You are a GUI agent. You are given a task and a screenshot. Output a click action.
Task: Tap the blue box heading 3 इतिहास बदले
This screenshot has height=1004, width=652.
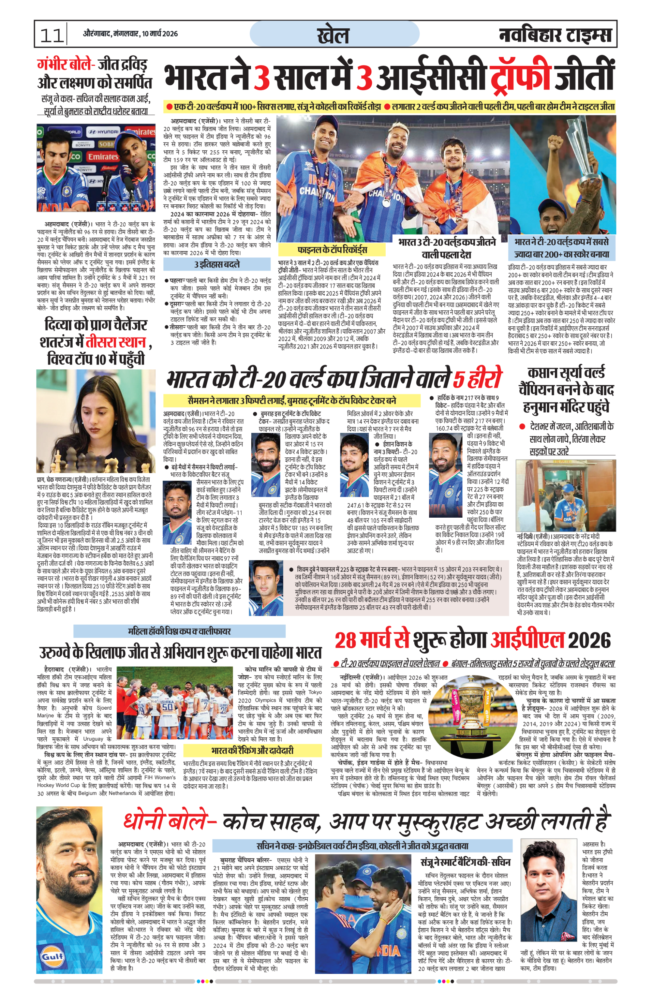click(217, 264)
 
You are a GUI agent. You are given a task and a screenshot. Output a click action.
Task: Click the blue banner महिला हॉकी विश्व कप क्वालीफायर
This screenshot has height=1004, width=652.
click(179, 631)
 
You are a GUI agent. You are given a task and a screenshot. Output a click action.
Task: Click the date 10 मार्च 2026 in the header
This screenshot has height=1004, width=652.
click(159, 34)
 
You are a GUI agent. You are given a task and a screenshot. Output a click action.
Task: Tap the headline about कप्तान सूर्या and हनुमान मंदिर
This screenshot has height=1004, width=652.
click(566, 390)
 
